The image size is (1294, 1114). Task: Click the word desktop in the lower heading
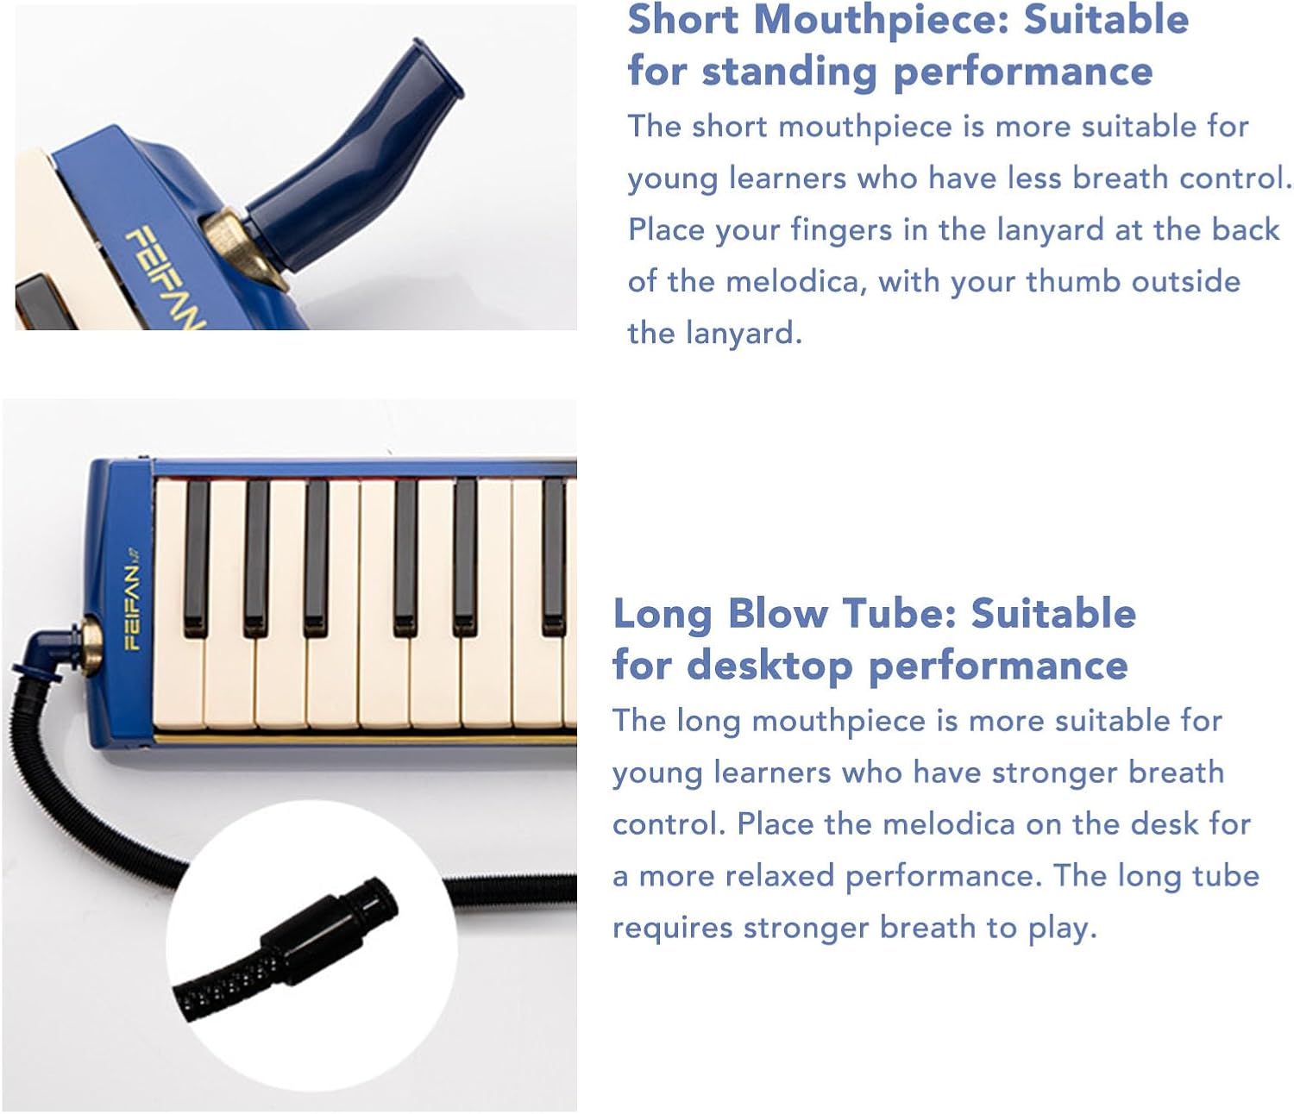click(x=769, y=666)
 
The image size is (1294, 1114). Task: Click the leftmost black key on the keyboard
click(x=197, y=556)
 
